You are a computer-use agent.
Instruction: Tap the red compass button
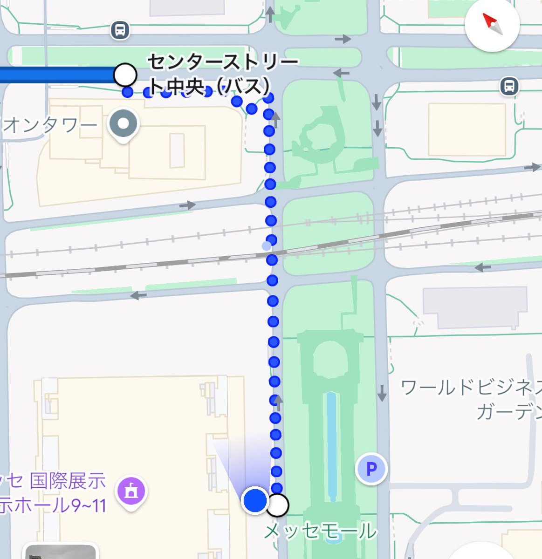point(492,24)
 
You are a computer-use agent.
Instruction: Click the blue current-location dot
point(255,500)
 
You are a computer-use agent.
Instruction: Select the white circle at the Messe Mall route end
point(278,505)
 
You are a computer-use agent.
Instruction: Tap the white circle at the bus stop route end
point(125,75)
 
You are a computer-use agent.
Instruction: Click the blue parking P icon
point(371,469)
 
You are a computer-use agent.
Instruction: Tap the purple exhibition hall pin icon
point(131,491)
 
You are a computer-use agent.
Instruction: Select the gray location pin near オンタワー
point(123,124)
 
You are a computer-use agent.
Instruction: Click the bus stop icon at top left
point(120,31)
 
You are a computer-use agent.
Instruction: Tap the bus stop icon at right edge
point(510,86)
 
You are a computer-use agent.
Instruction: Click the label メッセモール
point(320,531)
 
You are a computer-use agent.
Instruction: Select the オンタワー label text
point(50,125)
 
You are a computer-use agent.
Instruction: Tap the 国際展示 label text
point(68,481)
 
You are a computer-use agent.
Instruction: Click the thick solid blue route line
point(56,75)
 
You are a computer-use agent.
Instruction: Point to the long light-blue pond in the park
point(331,445)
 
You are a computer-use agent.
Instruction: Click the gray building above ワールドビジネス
point(474,307)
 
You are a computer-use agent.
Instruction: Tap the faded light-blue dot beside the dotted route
point(266,245)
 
